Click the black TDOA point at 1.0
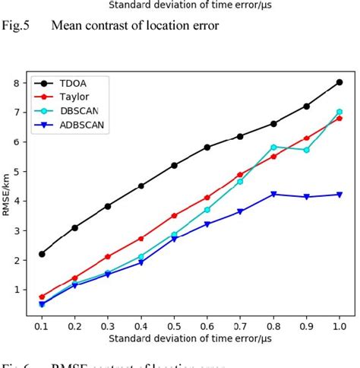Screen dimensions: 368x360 [339, 82]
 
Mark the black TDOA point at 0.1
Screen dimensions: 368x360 [42, 253]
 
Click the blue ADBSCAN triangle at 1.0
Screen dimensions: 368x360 [339, 195]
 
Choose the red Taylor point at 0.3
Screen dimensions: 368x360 [108, 256]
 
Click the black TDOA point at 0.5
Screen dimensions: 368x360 [174, 165]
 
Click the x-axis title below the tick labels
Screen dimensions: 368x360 [189, 337]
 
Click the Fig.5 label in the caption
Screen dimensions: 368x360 [15, 26]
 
